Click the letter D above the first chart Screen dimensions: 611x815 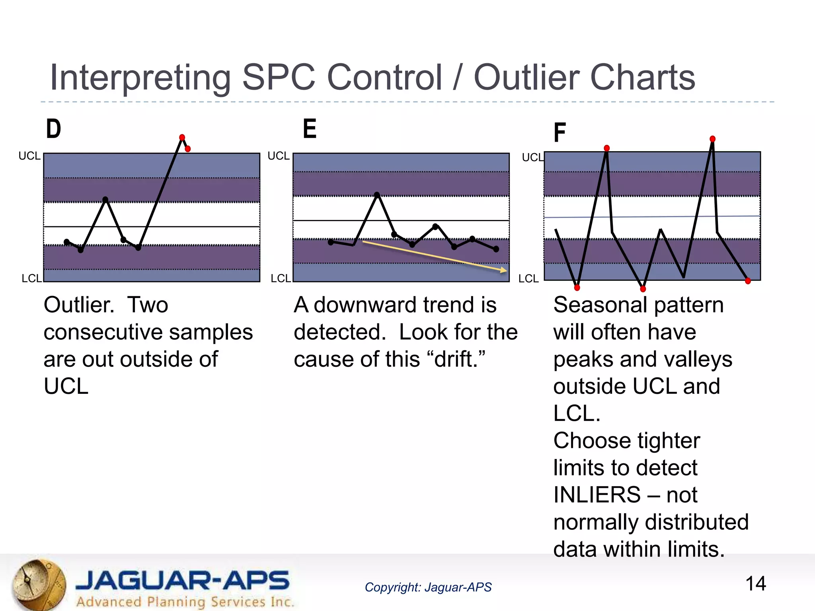pos(54,129)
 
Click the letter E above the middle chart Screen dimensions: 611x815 pos(310,129)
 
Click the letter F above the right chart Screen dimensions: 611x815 pos(560,132)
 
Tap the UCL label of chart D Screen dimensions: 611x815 pos(29,156)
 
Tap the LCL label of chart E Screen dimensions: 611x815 pos(281,278)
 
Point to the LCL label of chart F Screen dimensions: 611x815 pos(528,278)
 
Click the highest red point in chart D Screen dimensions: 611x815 pos(182,137)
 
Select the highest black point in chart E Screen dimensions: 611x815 pos(377,195)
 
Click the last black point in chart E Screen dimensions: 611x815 pos(496,249)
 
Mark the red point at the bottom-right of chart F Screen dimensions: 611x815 pos(748,281)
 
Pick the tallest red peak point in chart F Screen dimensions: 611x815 pos(712,139)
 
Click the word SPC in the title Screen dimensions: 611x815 pos(279,78)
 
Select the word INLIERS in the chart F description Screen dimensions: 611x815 pos(597,495)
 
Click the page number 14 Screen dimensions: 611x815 pos(755,584)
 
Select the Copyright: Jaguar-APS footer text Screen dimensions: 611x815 pos(428,587)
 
